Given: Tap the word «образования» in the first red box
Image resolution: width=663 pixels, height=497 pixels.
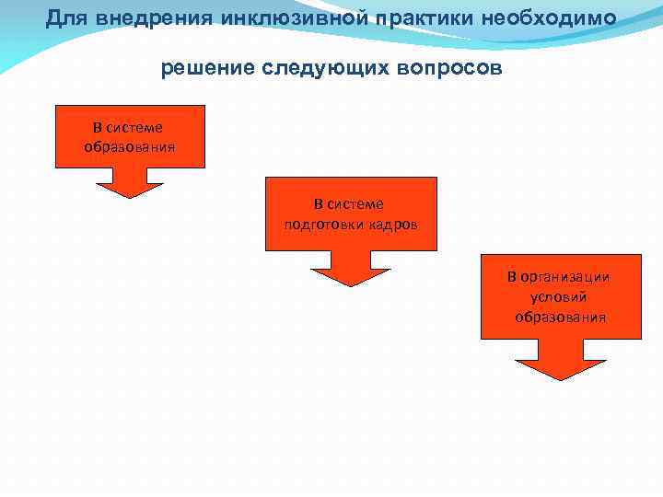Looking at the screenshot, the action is [x=130, y=146].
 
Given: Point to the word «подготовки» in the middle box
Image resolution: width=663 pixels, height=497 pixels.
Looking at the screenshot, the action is [x=320, y=224].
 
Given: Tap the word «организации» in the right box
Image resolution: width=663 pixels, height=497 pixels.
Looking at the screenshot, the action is [x=567, y=277].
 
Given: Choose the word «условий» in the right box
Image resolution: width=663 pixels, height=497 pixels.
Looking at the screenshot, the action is [x=560, y=297].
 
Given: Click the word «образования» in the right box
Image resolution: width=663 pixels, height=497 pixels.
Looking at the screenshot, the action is [x=560, y=318].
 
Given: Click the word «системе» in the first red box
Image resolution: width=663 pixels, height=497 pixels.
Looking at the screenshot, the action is [x=135, y=127].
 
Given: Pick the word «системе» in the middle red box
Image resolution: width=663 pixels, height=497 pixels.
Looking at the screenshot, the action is [x=355, y=204].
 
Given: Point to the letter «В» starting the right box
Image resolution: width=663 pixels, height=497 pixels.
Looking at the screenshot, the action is [x=513, y=277].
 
